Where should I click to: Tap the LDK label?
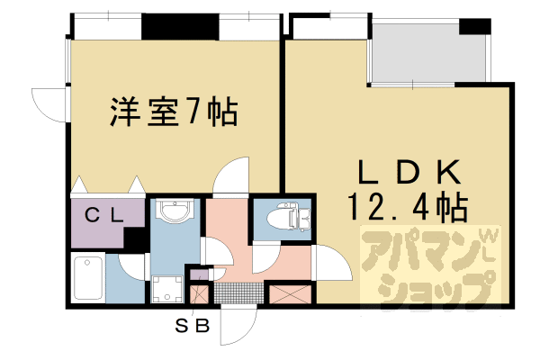(409, 171)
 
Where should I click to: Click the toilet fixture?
(288, 217)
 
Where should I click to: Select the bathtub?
(88, 279)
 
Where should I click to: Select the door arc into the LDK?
(329, 263)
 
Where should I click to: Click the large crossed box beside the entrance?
(288, 294)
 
